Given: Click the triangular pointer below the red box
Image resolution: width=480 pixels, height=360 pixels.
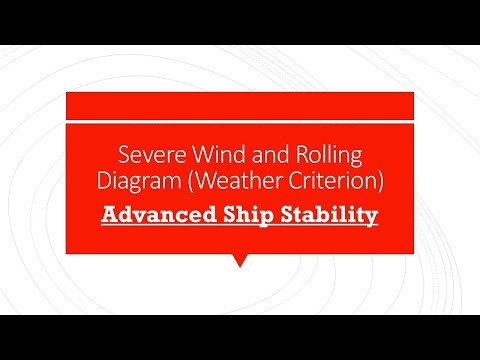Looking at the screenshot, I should point(240,261).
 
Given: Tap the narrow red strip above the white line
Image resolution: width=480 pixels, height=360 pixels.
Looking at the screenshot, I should point(240,105).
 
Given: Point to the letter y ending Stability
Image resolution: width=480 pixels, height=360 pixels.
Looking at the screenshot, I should point(371,217).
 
